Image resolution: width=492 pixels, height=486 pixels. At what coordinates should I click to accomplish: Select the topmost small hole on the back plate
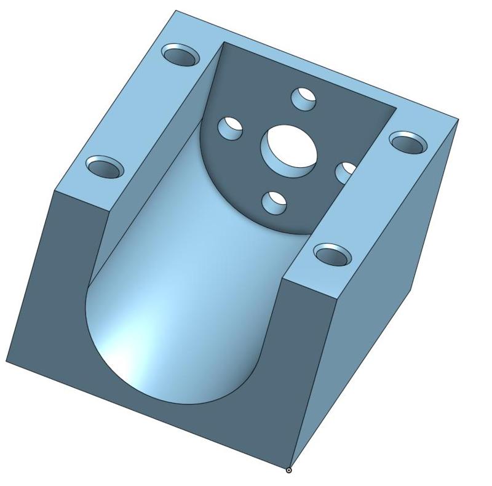coord(303,97)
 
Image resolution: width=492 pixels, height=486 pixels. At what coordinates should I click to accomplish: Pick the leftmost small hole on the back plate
coord(231,127)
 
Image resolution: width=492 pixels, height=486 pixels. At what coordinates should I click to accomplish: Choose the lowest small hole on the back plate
coord(275,201)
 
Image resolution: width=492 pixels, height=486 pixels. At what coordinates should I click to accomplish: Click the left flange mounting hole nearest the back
coord(182,56)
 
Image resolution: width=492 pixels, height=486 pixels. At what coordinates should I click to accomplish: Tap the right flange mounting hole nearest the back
coord(408,143)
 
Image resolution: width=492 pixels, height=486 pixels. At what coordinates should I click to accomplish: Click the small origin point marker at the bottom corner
coord(289,471)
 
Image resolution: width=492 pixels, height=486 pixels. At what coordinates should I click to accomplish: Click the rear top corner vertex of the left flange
coord(175,10)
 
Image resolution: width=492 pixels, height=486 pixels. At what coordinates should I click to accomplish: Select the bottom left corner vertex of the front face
coord(6,362)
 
